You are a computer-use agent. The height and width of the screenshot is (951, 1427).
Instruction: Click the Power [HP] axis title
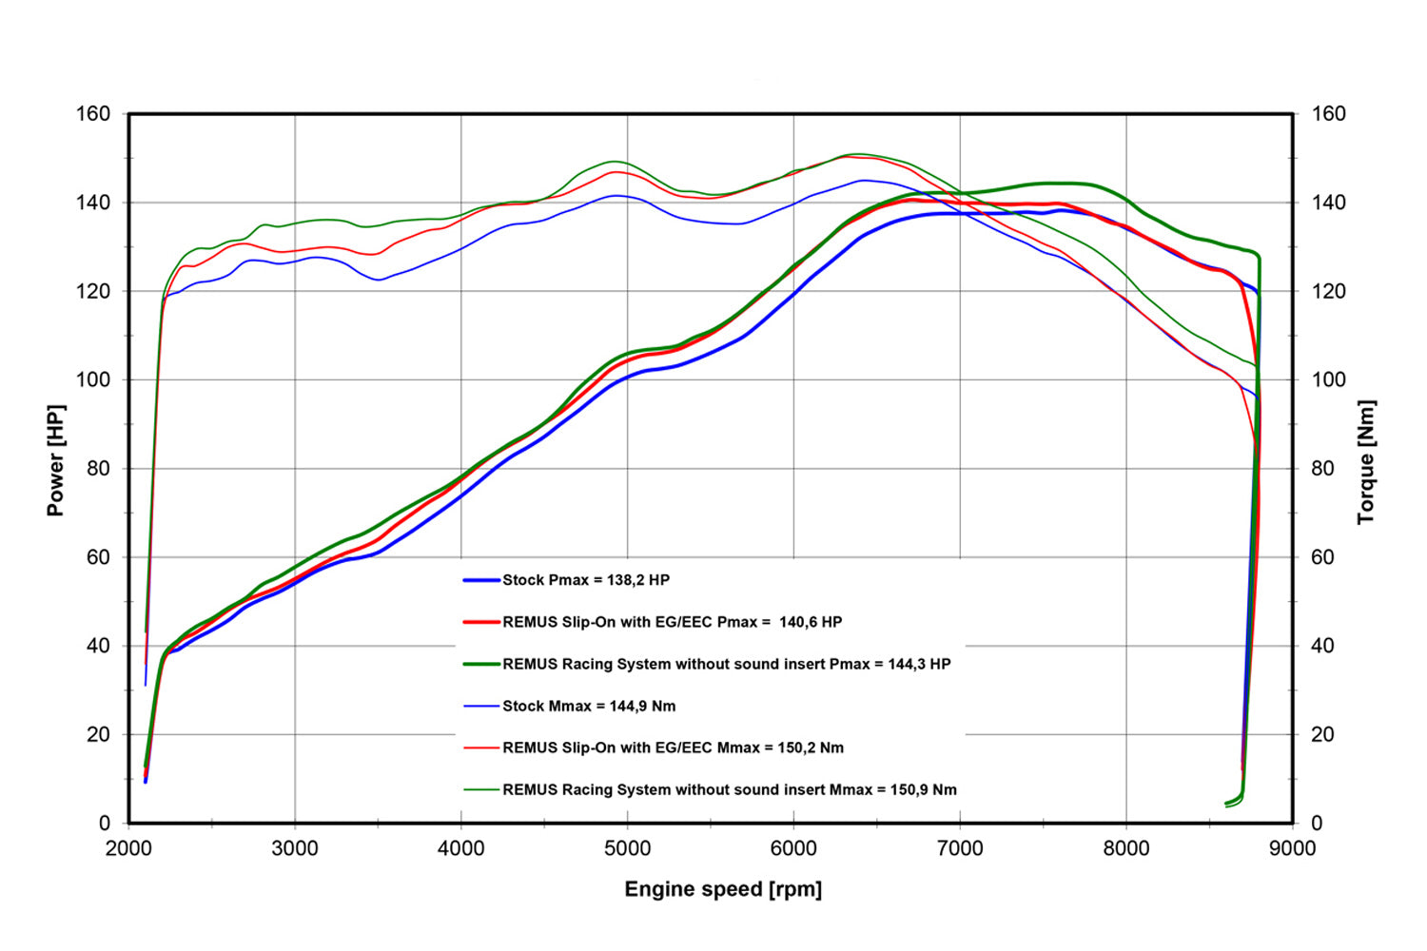(56, 460)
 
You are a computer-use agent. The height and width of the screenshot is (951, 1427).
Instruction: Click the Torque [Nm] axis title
(1366, 462)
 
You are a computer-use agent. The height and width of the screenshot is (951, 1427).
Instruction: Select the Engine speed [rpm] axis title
(723, 889)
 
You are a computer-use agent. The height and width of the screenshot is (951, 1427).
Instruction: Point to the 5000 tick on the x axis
(628, 848)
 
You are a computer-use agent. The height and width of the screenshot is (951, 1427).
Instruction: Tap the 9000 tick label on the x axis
(1293, 848)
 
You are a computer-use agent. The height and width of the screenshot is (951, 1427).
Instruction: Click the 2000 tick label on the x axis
(128, 848)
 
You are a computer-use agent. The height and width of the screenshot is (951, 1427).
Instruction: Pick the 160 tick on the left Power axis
(93, 114)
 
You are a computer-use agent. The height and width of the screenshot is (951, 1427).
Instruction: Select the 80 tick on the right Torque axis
(1322, 469)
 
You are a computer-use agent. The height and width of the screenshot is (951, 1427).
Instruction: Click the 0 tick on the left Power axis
(105, 823)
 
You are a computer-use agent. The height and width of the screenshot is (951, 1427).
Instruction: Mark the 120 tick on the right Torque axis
(1328, 291)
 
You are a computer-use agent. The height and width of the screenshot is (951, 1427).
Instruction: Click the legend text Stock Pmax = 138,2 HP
(586, 580)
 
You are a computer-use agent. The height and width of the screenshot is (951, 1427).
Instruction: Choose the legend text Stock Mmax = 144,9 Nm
(589, 706)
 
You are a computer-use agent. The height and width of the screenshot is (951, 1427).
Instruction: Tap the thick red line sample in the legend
(481, 622)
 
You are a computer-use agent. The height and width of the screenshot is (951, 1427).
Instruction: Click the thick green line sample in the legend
(481, 664)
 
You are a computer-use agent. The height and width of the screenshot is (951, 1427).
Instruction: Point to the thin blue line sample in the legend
(481, 706)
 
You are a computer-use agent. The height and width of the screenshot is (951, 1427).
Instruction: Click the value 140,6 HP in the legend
(811, 622)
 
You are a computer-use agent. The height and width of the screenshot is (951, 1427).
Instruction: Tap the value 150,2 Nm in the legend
(811, 747)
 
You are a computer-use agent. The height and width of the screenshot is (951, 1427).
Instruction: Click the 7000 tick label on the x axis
(960, 848)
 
